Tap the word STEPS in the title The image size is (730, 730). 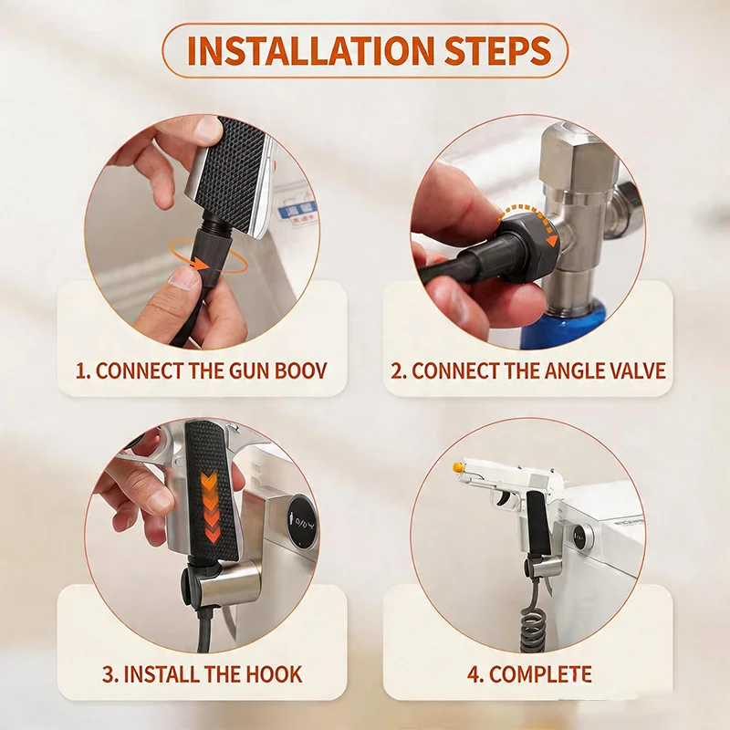[497, 50]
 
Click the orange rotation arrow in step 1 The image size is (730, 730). [207, 256]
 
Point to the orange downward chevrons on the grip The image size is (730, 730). [210, 506]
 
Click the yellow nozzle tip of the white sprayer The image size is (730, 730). [458, 466]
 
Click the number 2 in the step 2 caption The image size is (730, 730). [397, 370]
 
